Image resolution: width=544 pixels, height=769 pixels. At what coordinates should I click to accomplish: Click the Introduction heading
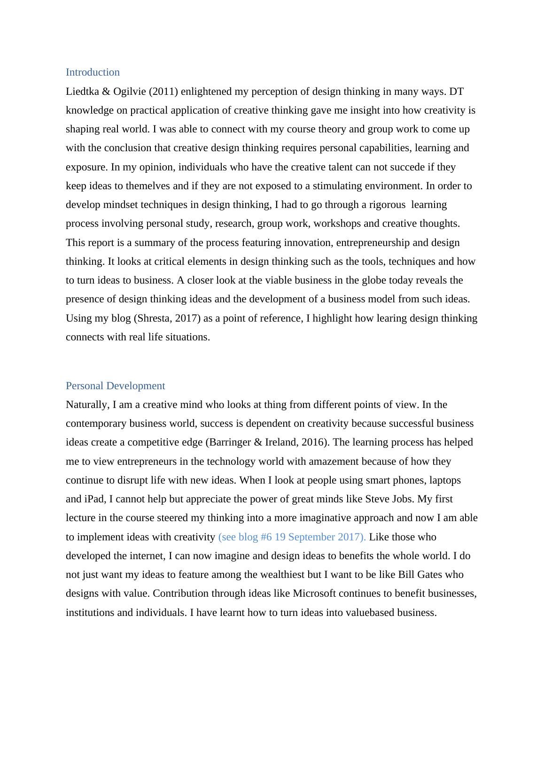[x=93, y=72]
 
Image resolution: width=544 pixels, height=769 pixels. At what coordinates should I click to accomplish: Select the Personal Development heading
[x=115, y=386]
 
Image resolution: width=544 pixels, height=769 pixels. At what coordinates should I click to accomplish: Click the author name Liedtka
[x=82, y=92]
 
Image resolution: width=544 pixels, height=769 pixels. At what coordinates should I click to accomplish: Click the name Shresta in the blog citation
[x=152, y=318]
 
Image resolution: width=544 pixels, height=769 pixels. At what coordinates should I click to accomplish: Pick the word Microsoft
[x=314, y=593]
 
